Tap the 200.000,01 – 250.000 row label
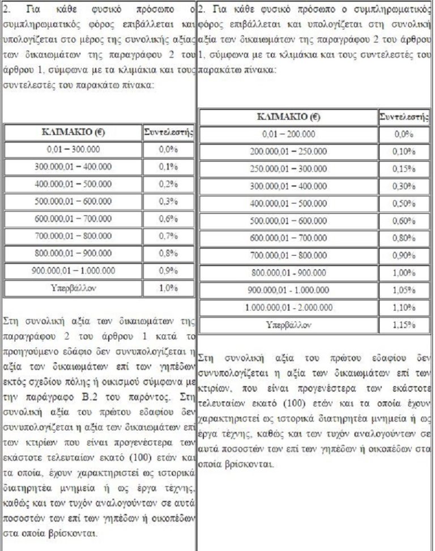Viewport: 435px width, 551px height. point(288,152)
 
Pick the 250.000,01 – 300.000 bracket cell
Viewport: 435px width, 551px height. point(288,169)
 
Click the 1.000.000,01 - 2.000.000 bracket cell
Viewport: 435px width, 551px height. point(288,308)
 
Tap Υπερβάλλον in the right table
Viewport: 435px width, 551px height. point(288,326)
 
